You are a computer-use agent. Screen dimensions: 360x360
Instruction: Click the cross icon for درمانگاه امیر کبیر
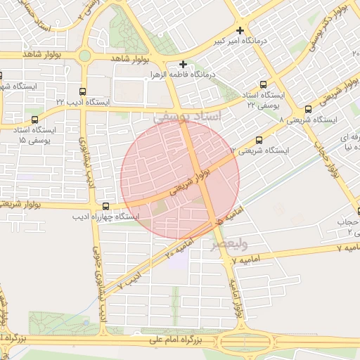pyautogui.click(x=241, y=30)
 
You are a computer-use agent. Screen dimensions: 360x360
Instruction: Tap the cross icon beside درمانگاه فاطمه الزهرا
pyautogui.click(x=183, y=64)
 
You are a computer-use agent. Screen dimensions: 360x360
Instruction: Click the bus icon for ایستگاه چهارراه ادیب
pyautogui.click(x=105, y=206)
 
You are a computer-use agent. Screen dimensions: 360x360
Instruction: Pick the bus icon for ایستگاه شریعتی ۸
pyautogui.click(x=309, y=109)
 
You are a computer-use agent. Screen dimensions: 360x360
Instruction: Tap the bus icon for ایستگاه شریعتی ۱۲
pyautogui.click(x=259, y=140)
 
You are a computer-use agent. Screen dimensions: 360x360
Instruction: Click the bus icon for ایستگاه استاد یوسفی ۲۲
pyautogui.click(x=264, y=84)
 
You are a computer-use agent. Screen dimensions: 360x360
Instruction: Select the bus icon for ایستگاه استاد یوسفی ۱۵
pyautogui.click(x=36, y=120)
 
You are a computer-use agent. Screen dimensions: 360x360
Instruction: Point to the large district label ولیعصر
pyautogui.click(x=229, y=244)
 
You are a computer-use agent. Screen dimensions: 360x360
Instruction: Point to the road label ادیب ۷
pyautogui.click(x=130, y=283)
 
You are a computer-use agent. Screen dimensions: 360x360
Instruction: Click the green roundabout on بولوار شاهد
pyautogui.click(x=85, y=56)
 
